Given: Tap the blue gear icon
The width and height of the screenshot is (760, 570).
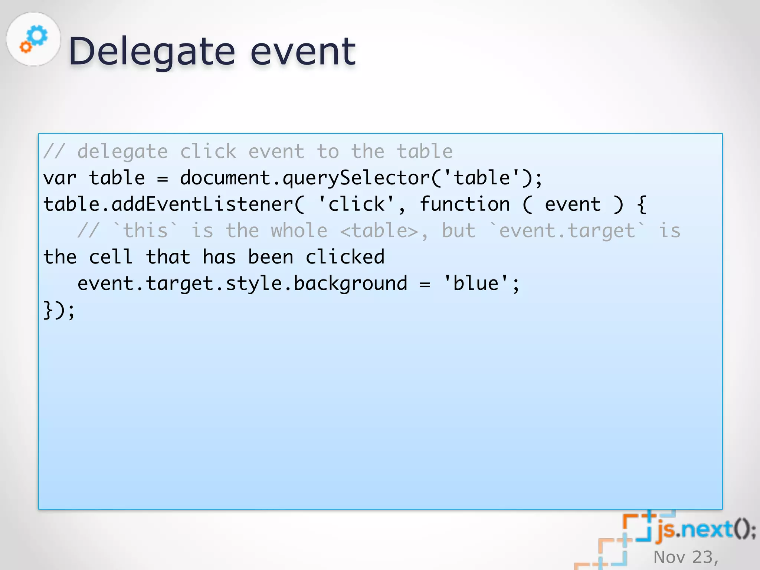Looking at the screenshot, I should (x=37, y=36).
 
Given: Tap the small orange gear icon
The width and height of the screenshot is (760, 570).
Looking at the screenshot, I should (x=26, y=47).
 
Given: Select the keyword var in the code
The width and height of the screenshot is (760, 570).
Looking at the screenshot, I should (x=60, y=178).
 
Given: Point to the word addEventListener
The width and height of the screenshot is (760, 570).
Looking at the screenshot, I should (x=203, y=204).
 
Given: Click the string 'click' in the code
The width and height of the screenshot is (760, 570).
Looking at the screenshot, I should (x=356, y=204).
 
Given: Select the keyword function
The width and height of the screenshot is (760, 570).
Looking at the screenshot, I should (x=465, y=204).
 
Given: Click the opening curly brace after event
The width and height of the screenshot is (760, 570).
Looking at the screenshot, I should (x=642, y=204).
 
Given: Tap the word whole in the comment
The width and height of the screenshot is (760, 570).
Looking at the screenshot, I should (x=299, y=231).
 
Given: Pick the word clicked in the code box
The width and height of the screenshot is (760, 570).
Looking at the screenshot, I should (x=345, y=257).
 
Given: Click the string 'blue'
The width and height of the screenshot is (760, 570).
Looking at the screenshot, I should (x=476, y=284).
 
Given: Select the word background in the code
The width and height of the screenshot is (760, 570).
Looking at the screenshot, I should (x=350, y=284).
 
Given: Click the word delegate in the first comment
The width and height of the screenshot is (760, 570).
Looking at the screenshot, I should (x=122, y=152).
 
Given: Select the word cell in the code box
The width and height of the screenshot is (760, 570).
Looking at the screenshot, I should (x=111, y=257).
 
